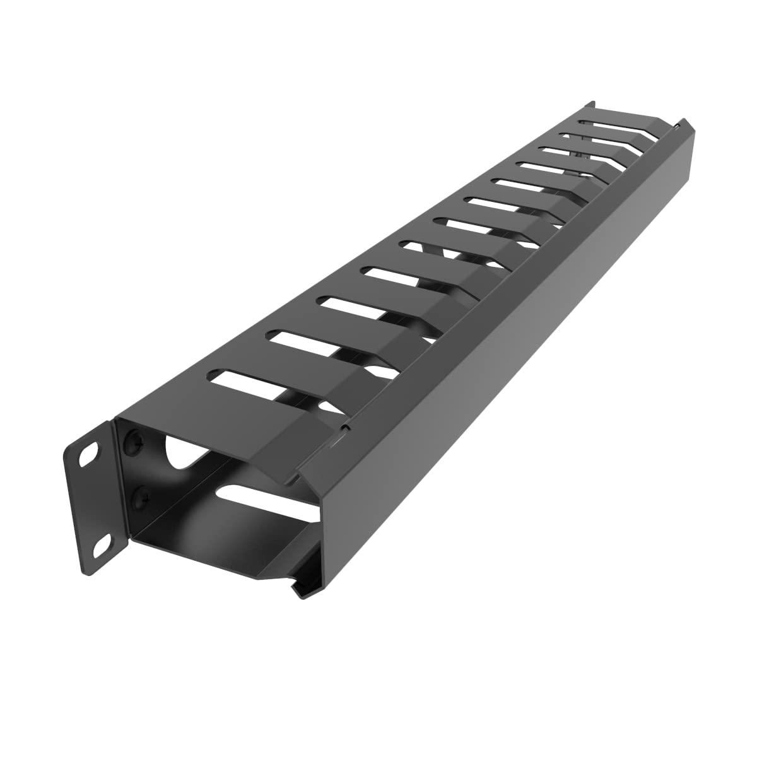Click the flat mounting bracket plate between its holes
click(x=95, y=498)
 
